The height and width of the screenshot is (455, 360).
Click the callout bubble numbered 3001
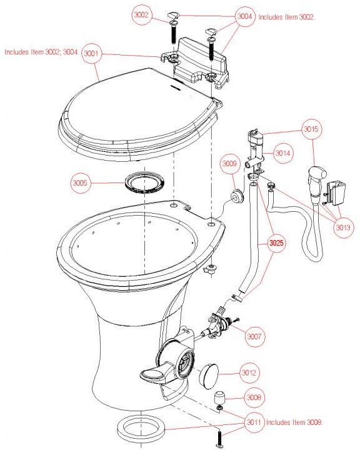point(91,54)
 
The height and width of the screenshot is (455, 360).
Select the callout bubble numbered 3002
point(141,14)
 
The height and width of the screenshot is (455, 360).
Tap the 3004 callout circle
point(245,16)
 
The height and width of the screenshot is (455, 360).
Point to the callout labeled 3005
point(80,182)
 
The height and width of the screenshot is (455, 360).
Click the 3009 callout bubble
point(229,164)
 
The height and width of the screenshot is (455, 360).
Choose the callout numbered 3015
point(311,129)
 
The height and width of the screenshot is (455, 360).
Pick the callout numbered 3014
point(283,153)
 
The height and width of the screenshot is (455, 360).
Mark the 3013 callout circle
point(343,227)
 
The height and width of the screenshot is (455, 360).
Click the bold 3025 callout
point(276,242)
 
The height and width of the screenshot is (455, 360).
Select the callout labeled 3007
point(254,337)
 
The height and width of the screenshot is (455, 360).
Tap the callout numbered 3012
point(249,372)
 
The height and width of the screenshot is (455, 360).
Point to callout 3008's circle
point(254,397)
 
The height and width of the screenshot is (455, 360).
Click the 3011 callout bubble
point(254,422)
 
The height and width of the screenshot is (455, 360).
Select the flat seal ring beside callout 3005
point(144,182)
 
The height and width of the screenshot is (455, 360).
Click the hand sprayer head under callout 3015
point(316,182)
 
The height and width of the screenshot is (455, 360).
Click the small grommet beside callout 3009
point(237,196)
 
